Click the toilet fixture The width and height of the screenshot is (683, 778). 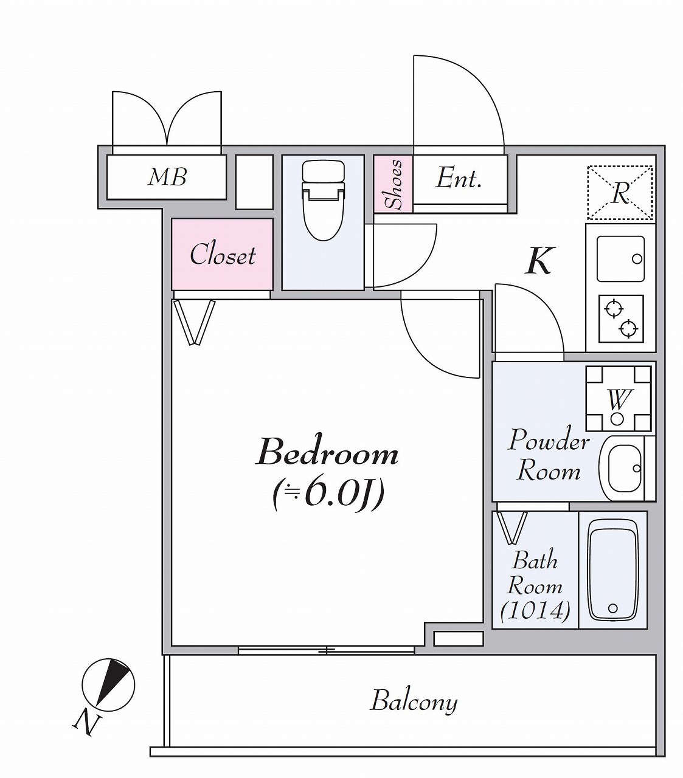pyautogui.click(x=323, y=200)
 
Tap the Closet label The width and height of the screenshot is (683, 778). pyautogui.click(x=223, y=254)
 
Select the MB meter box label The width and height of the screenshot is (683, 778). pyautogui.click(x=167, y=177)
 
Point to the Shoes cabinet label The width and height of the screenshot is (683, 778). pyautogui.click(x=394, y=184)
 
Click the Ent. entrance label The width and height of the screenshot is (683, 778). pyautogui.click(x=458, y=178)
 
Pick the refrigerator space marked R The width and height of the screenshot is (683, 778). pyautogui.click(x=620, y=193)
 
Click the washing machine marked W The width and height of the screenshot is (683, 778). pyautogui.click(x=619, y=398)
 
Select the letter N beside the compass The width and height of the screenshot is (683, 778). pyautogui.click(x=86, y=722)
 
